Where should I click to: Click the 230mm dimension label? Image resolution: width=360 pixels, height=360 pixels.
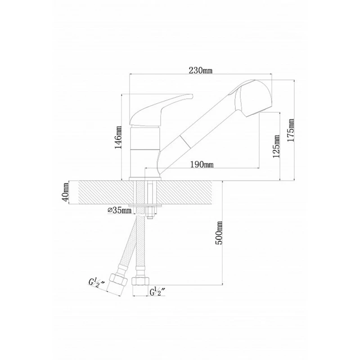[200, 70]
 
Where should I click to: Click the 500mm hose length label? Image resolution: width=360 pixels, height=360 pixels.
[220, 232]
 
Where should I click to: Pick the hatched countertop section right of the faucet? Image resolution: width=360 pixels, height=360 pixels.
[189, 193]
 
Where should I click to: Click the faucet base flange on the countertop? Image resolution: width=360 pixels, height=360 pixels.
[145, 179]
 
